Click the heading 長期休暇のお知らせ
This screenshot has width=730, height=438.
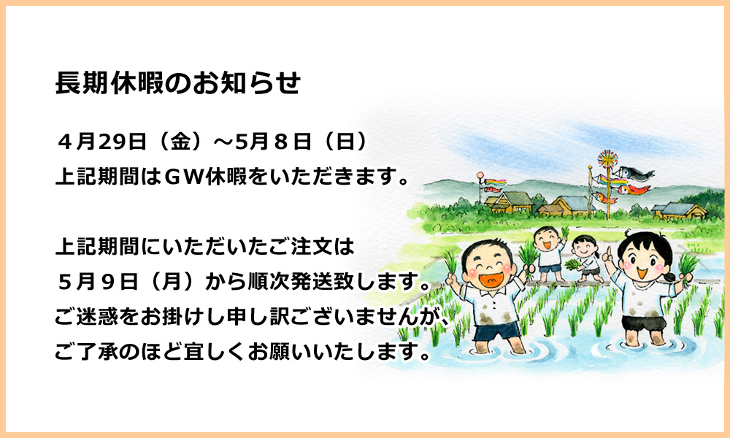178,83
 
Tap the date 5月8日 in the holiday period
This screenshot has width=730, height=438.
273,142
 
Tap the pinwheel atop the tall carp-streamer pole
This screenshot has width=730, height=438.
607,159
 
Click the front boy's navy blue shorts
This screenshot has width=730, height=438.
496,330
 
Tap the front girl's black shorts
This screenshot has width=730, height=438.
644,323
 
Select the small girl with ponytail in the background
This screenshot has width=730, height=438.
585,258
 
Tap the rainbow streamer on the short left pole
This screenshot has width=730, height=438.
495,182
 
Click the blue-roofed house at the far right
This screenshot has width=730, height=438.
679,210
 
